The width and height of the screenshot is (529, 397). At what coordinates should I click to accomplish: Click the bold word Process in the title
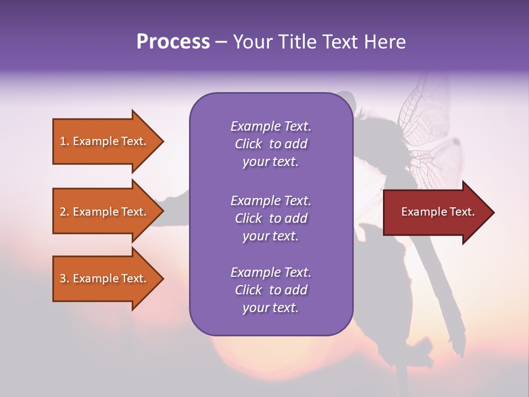click(173, 42)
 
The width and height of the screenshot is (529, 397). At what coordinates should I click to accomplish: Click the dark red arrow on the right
click(435, 212)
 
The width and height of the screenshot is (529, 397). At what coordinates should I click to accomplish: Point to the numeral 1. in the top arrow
click(64, 141)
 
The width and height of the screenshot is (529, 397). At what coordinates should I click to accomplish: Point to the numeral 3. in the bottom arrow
click(64, 278)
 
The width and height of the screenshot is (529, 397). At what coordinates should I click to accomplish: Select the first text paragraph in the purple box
click(271, 144)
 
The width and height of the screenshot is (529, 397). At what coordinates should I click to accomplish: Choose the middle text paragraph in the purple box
click(271, 218)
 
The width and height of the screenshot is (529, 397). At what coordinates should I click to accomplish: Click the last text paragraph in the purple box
click(271, 290)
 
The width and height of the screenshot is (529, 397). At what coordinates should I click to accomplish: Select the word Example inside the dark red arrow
click(421, 212)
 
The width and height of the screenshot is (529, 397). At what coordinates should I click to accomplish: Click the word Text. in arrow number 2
click(133, 212)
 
